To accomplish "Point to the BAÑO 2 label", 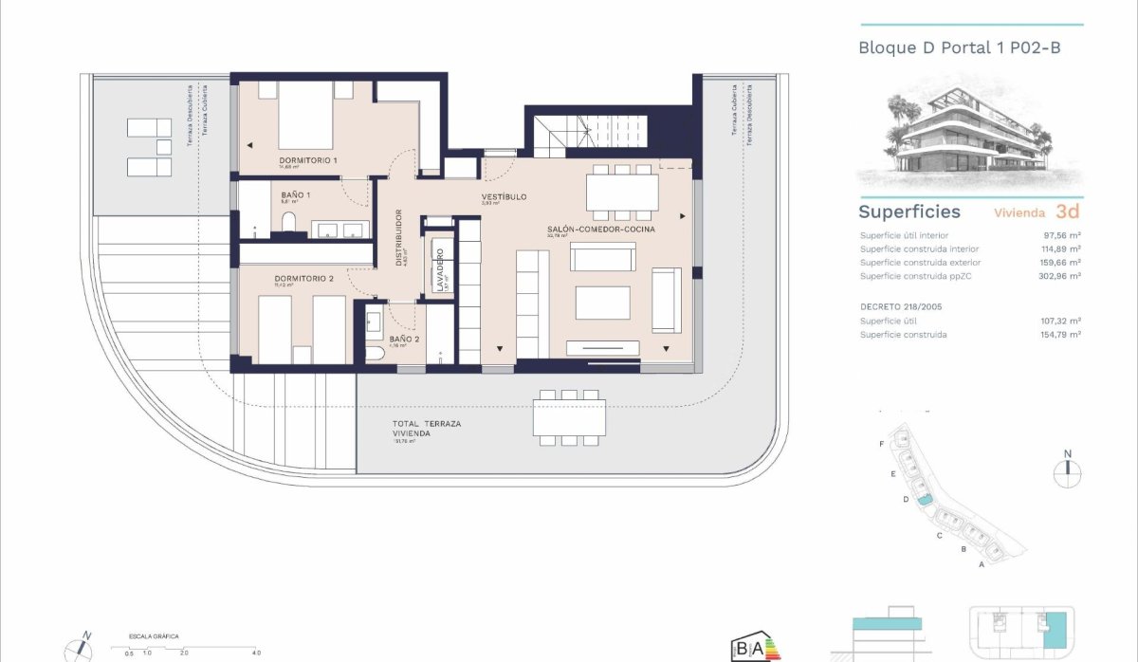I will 404,338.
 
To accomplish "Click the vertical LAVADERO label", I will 440,269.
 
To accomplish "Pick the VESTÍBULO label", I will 504,197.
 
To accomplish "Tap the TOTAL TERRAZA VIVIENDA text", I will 426,429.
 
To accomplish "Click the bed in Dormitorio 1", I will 304,115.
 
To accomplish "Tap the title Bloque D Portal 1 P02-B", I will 959,46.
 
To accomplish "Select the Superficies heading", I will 909,211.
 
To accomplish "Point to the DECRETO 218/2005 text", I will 901,306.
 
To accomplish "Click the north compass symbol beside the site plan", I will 1067,469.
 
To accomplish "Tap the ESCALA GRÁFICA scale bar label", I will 155,636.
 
